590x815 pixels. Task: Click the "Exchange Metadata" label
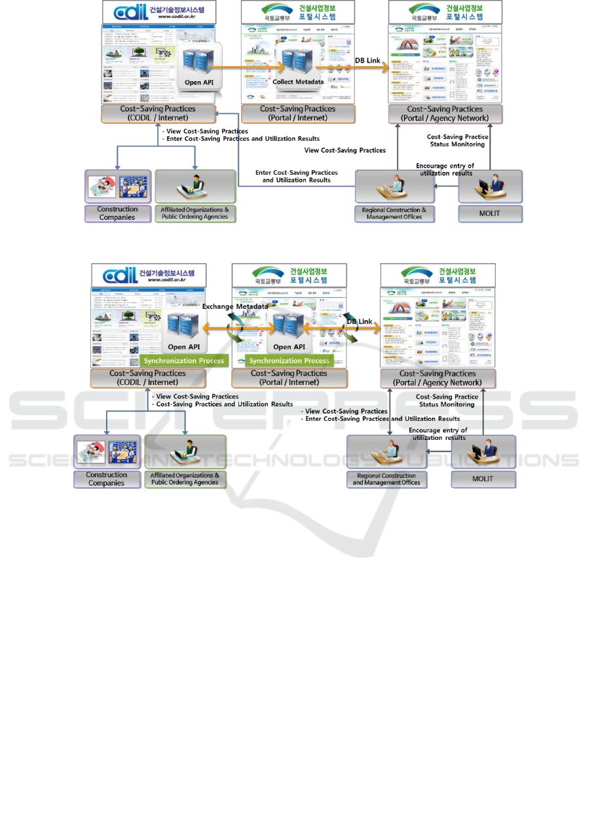234,306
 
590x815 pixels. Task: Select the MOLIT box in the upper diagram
490,213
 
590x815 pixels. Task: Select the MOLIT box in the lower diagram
483,479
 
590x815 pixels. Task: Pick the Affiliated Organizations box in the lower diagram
185,479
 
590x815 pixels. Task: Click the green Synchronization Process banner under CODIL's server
184,361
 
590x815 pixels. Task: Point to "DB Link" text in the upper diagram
368,61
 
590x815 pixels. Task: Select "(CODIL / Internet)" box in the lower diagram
148,378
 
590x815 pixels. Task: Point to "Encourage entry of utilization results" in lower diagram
437,433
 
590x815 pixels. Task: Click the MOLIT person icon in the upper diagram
490,187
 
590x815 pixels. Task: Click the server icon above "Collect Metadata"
293,60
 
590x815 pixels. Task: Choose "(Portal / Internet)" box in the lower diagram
289,378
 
